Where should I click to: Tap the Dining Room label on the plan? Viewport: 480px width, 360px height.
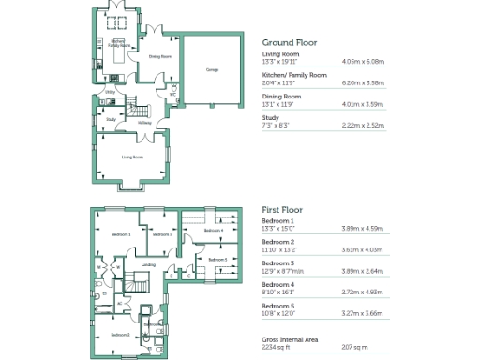point(160,56)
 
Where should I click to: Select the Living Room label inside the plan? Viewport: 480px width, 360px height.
point(132,157)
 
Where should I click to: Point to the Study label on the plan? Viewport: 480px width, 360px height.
point(111,119)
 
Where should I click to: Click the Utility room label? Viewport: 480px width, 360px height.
point(110,92)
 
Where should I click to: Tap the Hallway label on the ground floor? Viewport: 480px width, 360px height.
point(145,122)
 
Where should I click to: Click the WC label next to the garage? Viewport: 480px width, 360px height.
point(172,93)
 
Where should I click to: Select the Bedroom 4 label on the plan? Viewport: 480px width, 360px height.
point(214,230)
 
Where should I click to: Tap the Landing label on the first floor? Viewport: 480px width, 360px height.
point(148,264)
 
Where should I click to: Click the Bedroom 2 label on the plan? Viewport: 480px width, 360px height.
point(119,334)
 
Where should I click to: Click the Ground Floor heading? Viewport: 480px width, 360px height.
point(289,42)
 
